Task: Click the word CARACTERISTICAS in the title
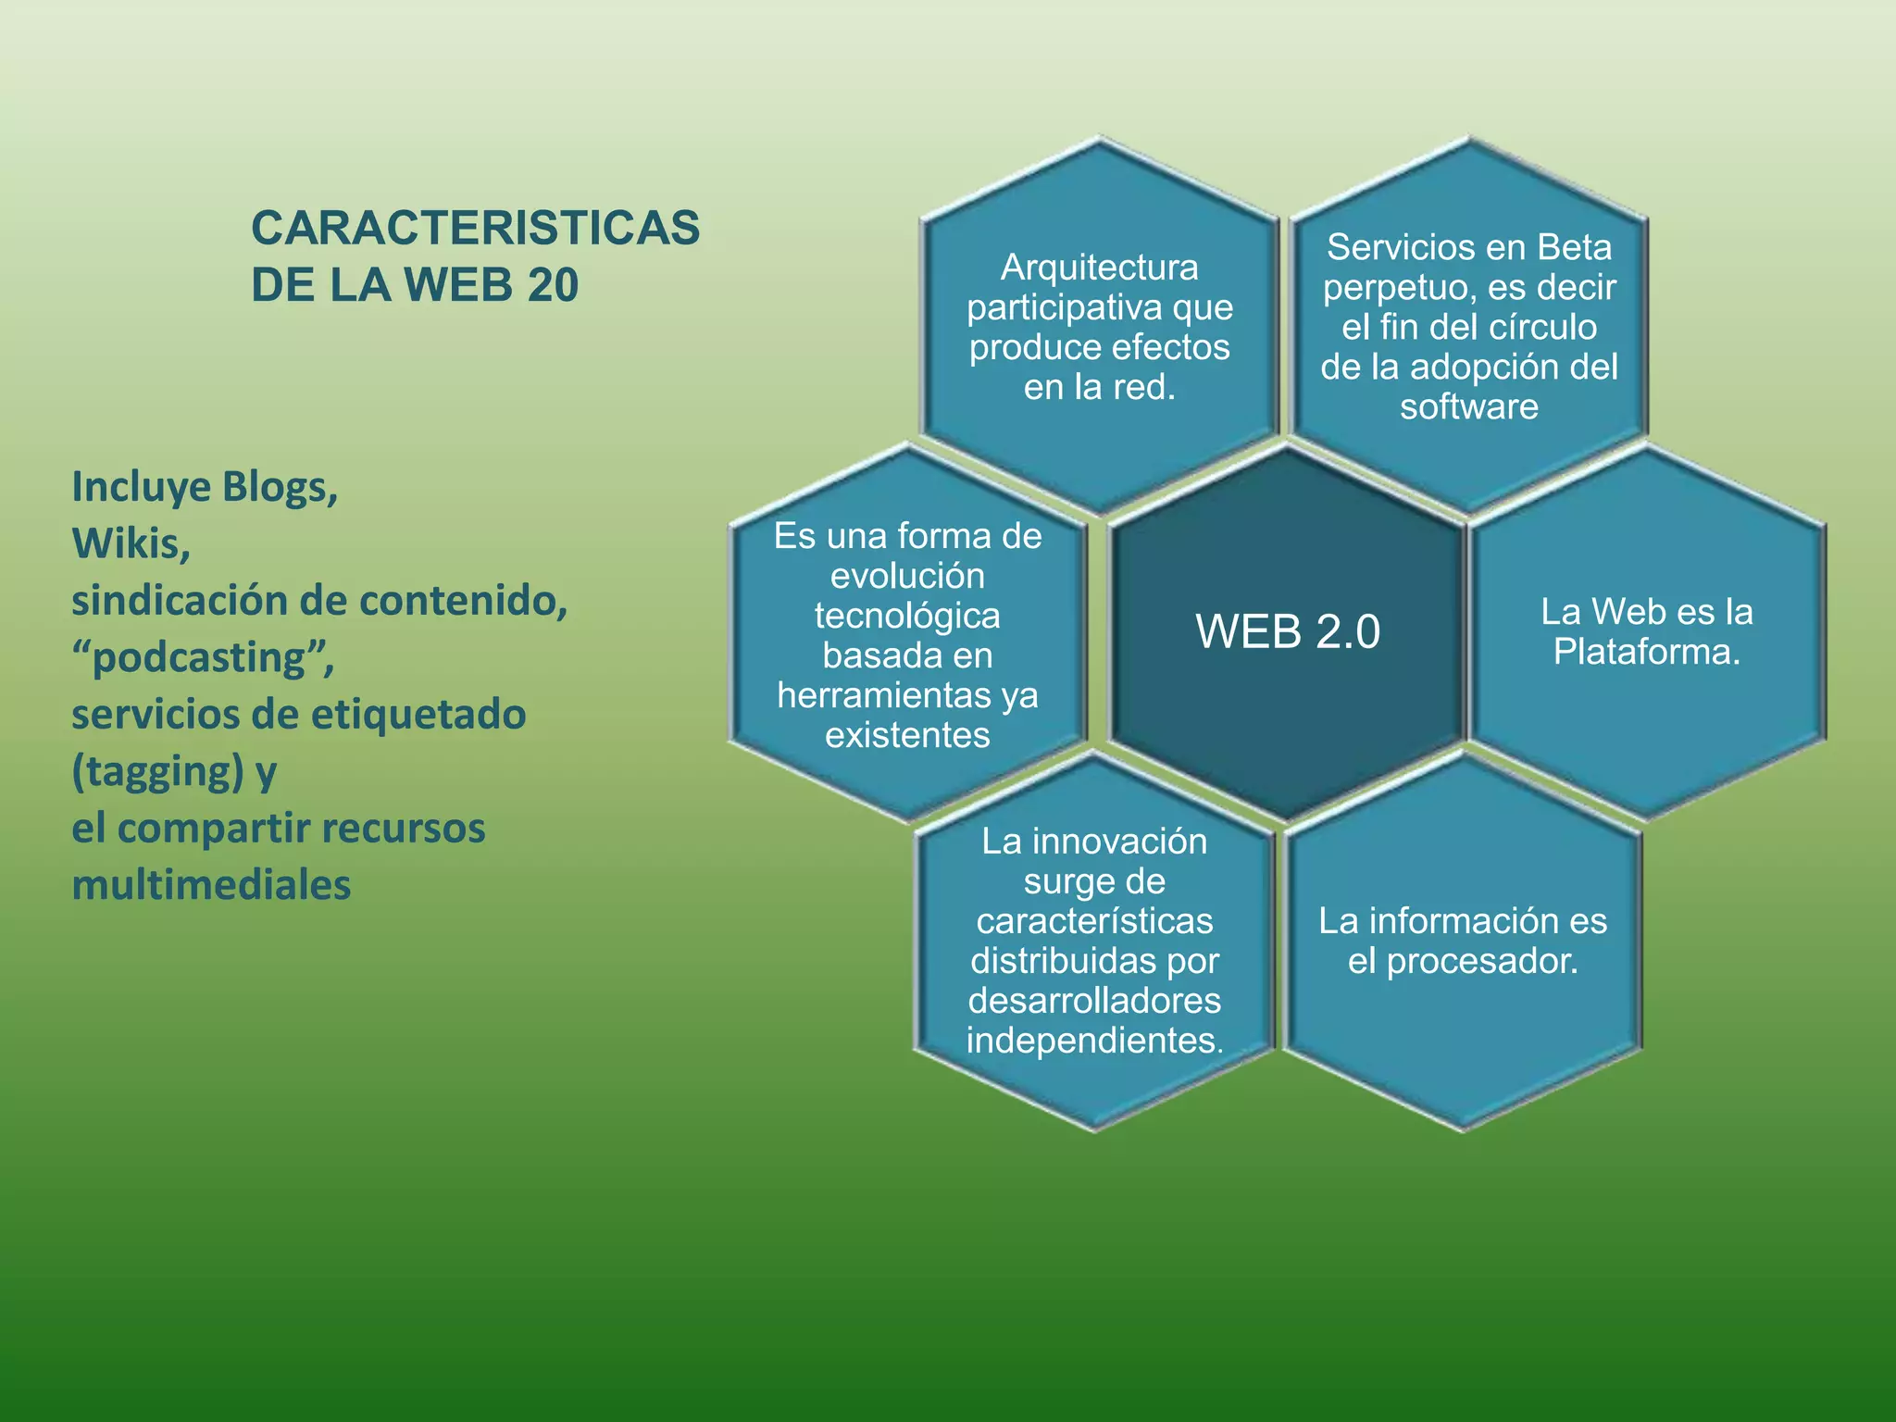click(x=475, y=228)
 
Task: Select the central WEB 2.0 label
click(x=1288, y=631)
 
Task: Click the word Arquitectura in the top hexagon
click(x=1099, y=268)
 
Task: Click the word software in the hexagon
click(x=1468, y=406)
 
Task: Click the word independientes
click(x=1093, y=1041)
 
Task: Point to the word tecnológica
click(x=907, y=616)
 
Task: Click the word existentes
click(x=907, y=735)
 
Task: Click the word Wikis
click(x=131, y=544)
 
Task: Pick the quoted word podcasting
click(x=202, y=657)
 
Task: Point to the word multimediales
click(x=211, y=885)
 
